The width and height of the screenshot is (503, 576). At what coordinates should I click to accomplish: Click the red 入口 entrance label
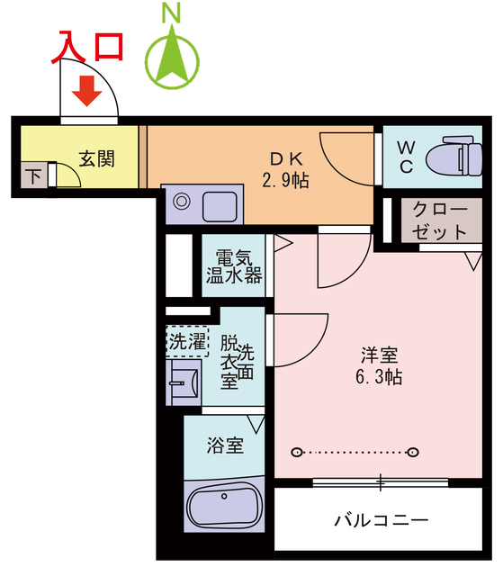tap(86, 45)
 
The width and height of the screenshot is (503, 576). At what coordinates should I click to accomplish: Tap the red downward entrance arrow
tap(87, 90)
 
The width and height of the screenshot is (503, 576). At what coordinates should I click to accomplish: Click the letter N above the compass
tap(171, 13)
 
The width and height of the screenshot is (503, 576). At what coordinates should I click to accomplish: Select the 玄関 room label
tap(96, 158)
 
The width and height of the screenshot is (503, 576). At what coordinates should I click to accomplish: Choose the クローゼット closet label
tap(440, 220)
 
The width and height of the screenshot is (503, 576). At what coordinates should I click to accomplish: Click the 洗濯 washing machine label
tap(187, 341)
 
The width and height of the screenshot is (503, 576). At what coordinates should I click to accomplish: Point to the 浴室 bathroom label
tap(224, 445)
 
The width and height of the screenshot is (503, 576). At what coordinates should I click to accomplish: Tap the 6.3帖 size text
tap(378, 377)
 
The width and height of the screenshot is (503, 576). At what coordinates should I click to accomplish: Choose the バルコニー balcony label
tap(381, 519)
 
